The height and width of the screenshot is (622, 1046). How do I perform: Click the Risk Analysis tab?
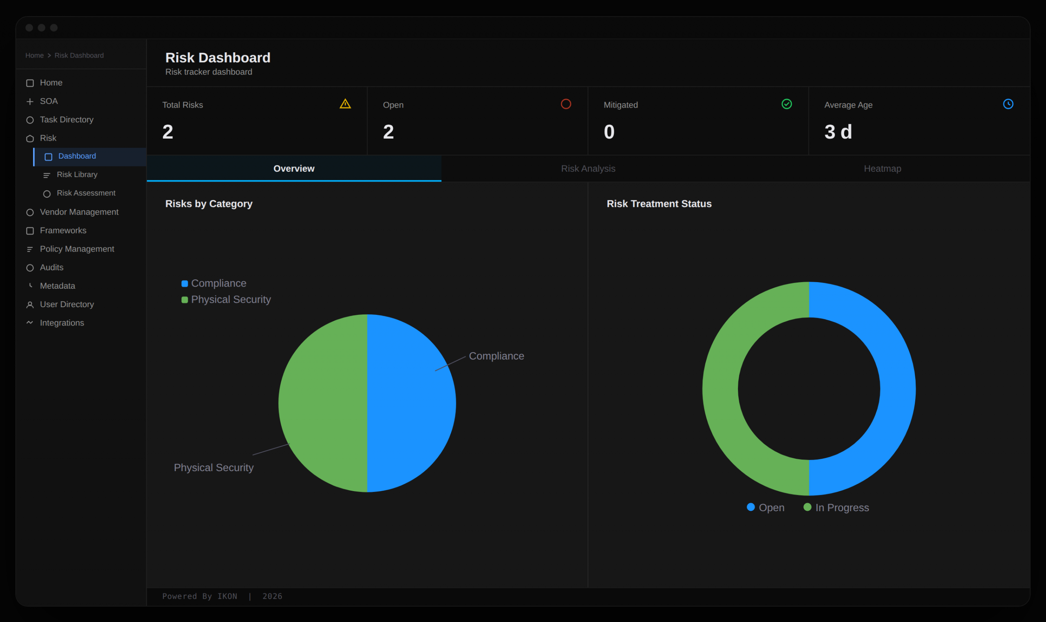(588, 168)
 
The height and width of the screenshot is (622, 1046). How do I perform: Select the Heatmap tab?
(882, 168)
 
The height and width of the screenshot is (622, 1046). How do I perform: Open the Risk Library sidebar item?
(77, 174)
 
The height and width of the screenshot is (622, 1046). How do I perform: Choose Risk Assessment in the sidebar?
(86, 193)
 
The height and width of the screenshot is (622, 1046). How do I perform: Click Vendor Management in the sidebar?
(79, 212)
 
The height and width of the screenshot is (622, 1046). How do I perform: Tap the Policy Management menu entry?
(77, 249)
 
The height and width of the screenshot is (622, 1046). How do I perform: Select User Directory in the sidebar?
(67, 304)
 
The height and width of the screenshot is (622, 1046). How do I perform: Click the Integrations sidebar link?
(62, 323)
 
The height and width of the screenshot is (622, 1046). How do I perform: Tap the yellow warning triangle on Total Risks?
(345, 104)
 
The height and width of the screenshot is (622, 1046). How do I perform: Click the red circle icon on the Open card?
(566, 104)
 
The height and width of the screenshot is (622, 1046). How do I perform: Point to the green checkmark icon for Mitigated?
(787, 104)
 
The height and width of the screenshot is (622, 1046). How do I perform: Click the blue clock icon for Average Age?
(1008, 104)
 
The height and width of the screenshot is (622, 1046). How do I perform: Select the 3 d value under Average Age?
(838, 132)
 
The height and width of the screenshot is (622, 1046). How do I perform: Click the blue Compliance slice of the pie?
(410, 402)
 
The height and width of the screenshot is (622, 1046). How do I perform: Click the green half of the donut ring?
(720, 388)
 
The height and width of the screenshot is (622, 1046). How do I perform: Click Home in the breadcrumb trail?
(34, 55)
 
